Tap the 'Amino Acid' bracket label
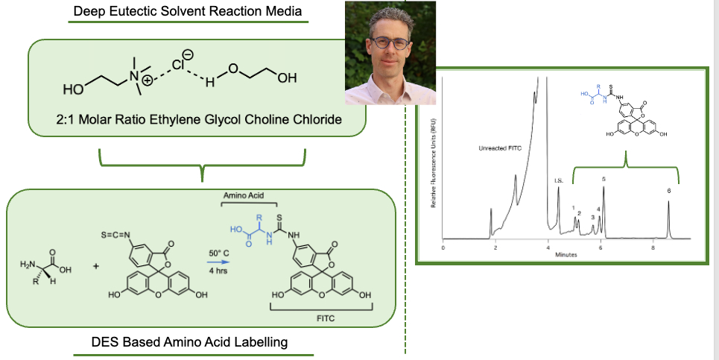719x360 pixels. coord(250,195)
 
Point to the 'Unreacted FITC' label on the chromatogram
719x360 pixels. coord(501,148)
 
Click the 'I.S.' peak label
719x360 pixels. coord(558,179)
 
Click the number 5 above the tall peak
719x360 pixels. coord(604,179)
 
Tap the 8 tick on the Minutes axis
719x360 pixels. coord(653,247)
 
